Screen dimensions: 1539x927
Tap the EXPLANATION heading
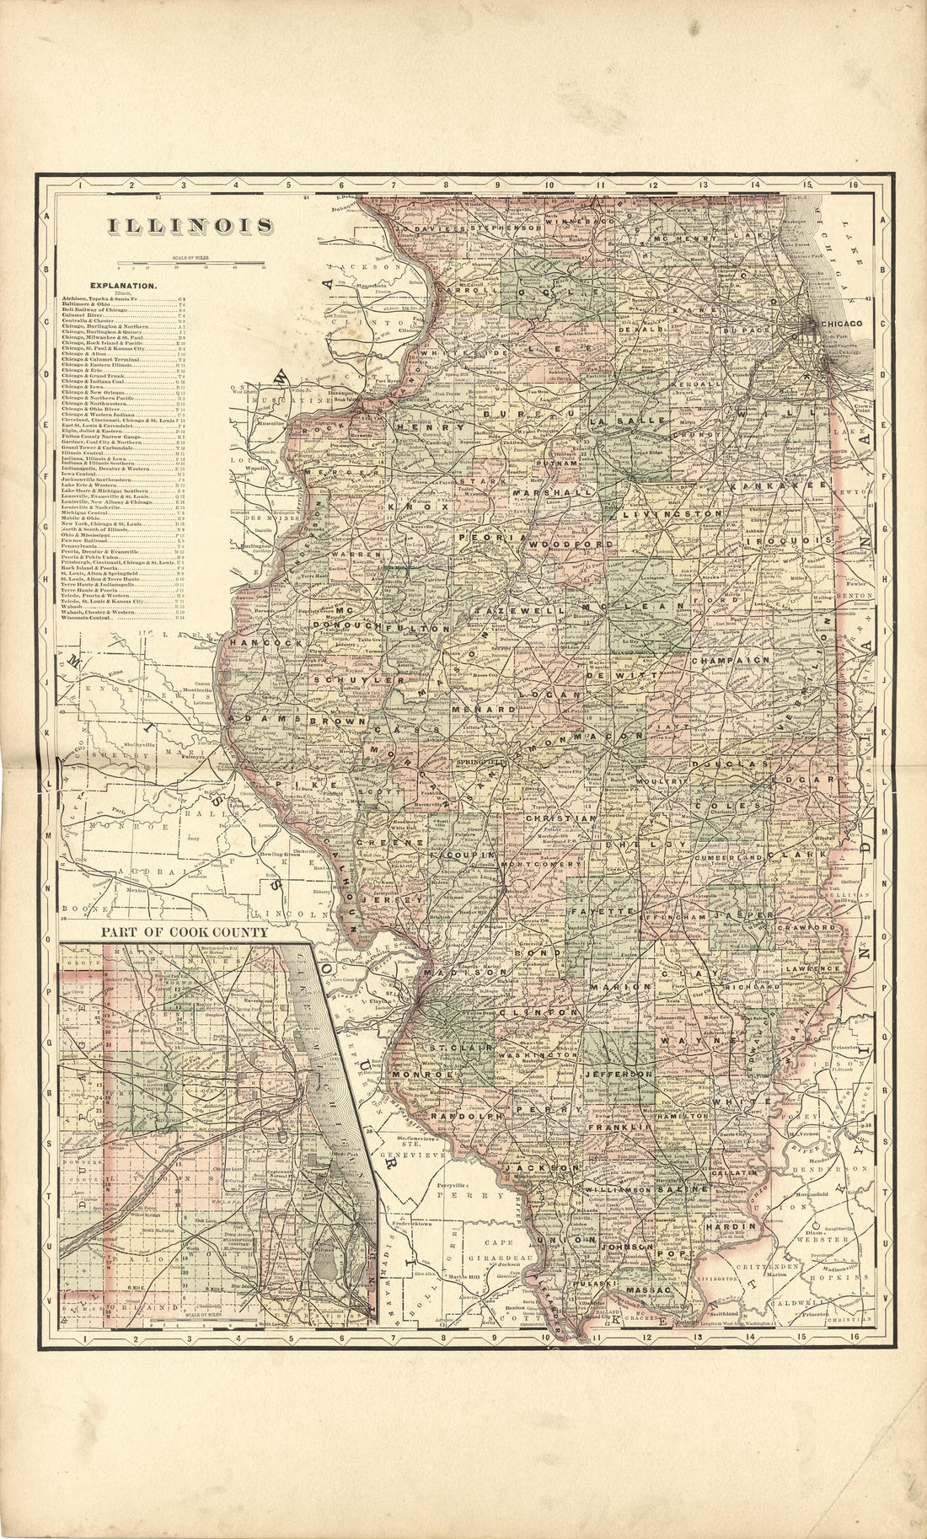[126, 286]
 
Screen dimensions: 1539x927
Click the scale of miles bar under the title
[194, 265]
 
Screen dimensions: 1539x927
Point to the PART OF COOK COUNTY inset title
[184, 933]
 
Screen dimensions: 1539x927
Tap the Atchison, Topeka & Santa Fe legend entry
[106, 298]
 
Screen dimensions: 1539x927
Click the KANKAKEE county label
[764, 487]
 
